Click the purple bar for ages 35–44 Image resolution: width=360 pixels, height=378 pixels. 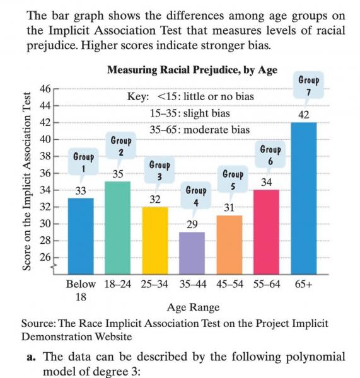tap(192, 253)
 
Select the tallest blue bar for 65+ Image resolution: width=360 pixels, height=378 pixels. tap(304, 198)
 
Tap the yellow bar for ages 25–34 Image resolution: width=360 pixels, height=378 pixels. tap(155, 241)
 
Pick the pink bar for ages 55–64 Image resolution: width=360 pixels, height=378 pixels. tap(267, 232)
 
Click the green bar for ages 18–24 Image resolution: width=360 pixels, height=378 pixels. tap(118, 228)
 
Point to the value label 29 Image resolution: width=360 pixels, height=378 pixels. tap(192, 224)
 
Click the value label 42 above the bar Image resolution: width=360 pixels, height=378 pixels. tap(303, 115)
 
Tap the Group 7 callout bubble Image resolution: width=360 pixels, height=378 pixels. tap(308, 86)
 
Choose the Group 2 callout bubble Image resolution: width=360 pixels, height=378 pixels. tap(121, 146)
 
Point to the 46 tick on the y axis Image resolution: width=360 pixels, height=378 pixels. tap(45, 89)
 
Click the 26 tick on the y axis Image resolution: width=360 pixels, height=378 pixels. tap(45, 258)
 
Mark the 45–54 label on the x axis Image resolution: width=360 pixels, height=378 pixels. tap(229, 285)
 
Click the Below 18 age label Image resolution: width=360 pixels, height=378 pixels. tap(81, 290)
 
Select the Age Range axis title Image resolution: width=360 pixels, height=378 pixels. tap(194, 307)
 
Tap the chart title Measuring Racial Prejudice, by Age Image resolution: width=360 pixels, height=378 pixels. tap(192, 70)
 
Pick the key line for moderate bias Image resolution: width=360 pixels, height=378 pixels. tap(199, 130)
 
